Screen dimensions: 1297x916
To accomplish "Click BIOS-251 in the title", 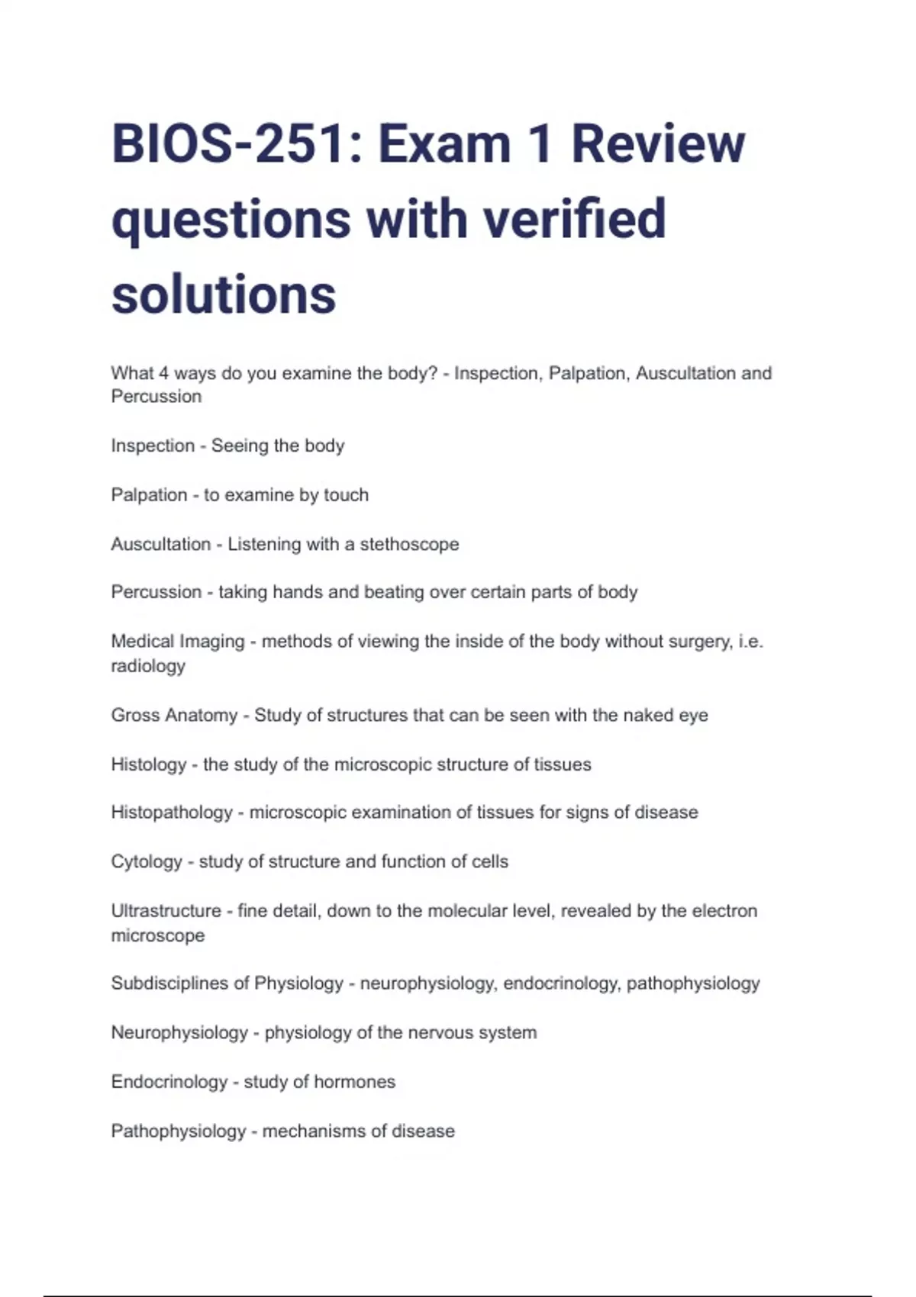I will [x=227, y=144].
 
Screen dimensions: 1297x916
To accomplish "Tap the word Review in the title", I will [x=657, y=144].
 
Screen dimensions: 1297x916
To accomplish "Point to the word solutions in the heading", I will [x=224, y=294].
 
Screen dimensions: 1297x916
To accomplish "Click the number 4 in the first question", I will [x=163, y=373].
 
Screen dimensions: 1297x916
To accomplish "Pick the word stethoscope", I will [x=409, y=544].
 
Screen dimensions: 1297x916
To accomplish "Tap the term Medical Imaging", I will [x=178, y=642].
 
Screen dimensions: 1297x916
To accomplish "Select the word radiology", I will [x=148, y=666].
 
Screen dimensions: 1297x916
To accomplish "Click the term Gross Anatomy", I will [x=174, y=716].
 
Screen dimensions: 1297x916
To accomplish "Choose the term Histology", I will [x=149, y=764].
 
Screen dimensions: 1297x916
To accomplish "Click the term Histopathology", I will [x=172, y=813].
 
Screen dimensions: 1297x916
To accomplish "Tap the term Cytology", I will [x=147, y=862].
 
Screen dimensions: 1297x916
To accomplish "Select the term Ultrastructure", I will [x=166, y=911].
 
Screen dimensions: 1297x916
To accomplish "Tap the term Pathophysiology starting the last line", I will [x=179, y=1131].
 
